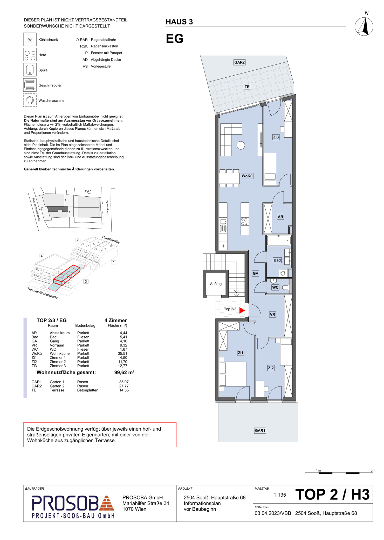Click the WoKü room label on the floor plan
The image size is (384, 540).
(247, 176)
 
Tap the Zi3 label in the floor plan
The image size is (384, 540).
(276, 137)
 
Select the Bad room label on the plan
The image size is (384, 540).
(277, 260)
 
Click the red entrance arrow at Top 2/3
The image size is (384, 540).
(242, 310)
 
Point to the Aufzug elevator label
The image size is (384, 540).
(216, 284)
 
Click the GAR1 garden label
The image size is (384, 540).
(260, 431)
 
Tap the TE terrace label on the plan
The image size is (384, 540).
(247, 87)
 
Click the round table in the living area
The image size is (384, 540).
(241, 145)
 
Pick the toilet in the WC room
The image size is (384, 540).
(286, 287)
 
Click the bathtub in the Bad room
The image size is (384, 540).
(279, 241)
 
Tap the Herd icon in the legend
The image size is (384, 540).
(30, 55)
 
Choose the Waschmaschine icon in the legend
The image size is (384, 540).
(30, 100)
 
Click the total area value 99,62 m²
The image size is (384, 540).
(124, 372)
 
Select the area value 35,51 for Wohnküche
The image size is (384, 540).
(122, 354)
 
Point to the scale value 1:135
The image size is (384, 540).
(280, 495)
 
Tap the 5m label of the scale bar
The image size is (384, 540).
(373, 470)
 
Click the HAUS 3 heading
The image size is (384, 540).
(179, 22)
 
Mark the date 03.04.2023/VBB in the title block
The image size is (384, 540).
(273, 513)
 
